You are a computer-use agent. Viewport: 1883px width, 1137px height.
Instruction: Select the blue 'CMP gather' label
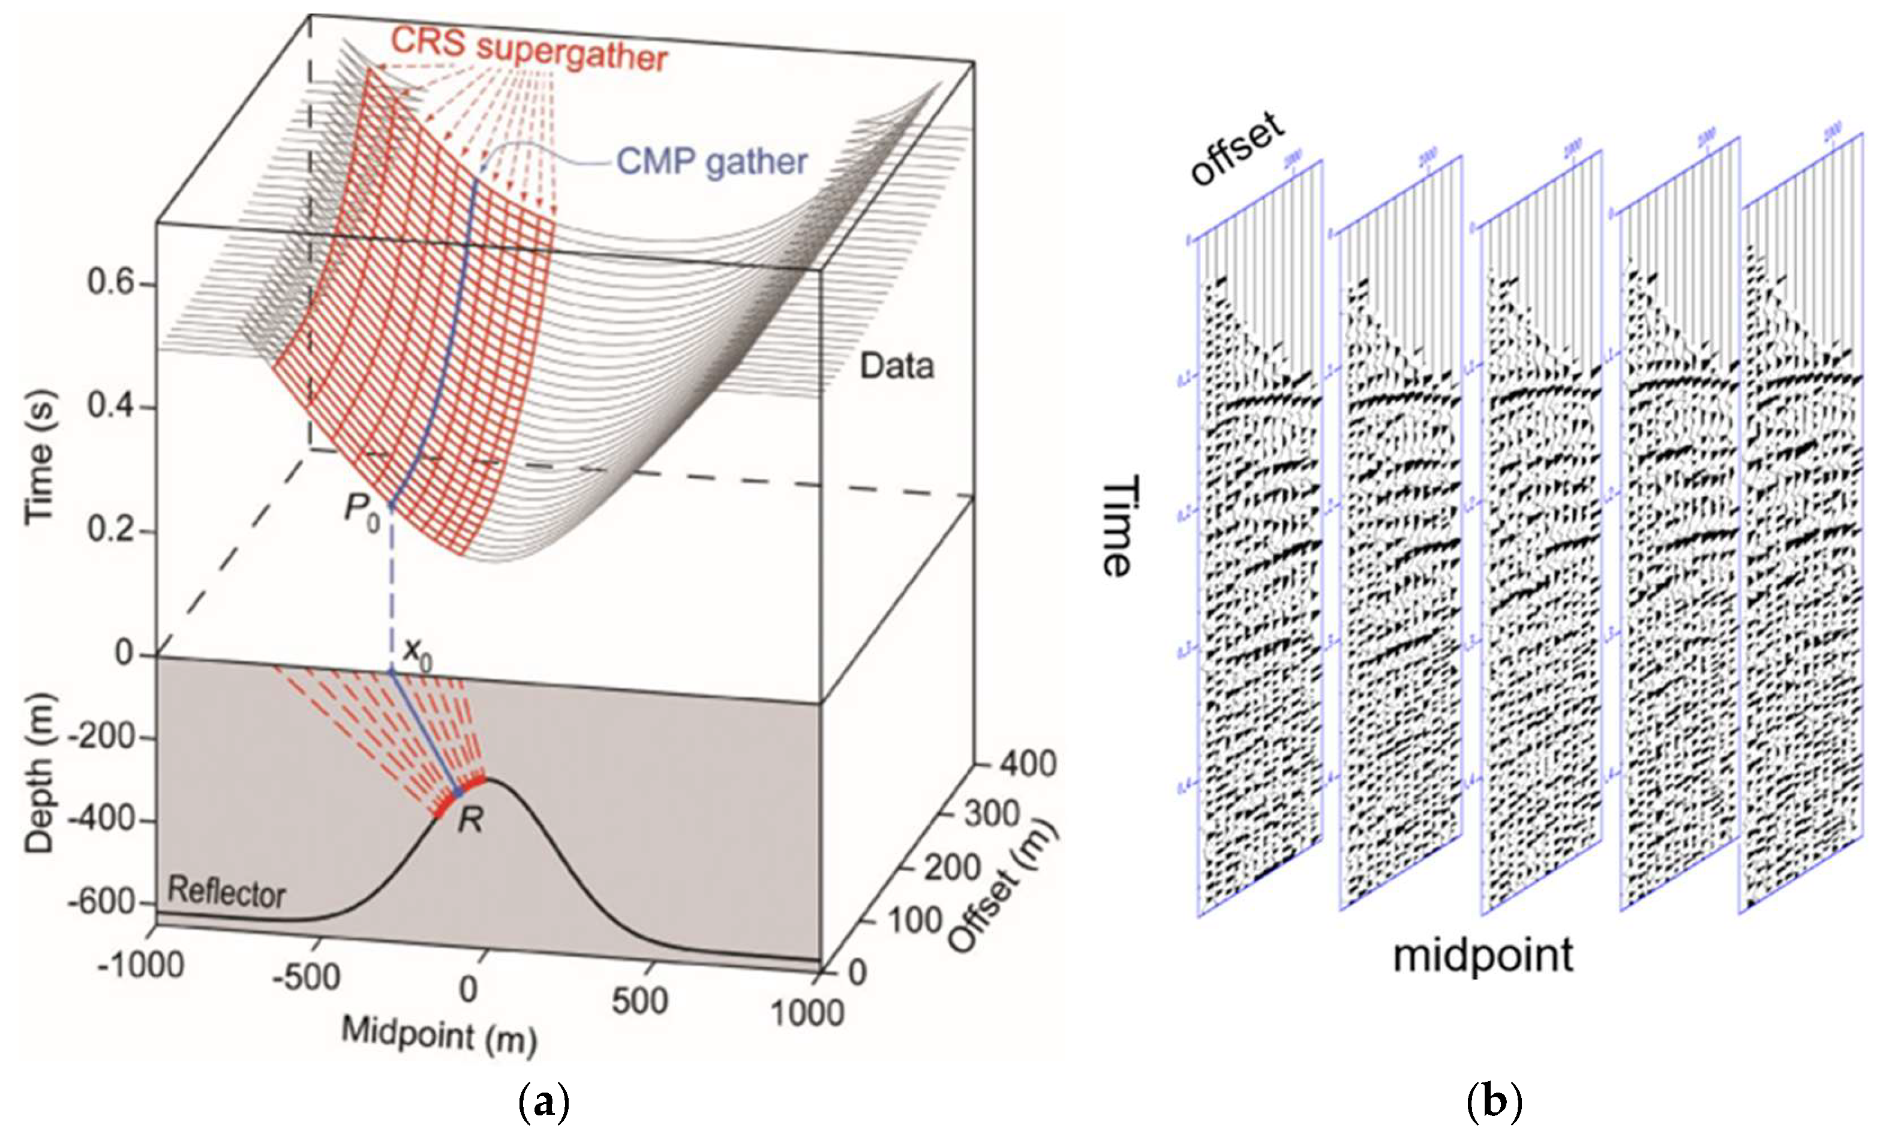click(711, 161)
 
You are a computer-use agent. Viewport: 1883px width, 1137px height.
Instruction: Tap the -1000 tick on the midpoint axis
click(142, 965)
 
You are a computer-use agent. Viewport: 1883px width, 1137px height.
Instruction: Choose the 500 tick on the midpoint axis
click(641, 1000)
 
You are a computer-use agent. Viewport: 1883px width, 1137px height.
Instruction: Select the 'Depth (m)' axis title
click(40, 772)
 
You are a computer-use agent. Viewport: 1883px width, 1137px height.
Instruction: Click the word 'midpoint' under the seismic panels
click(1482, 956)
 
